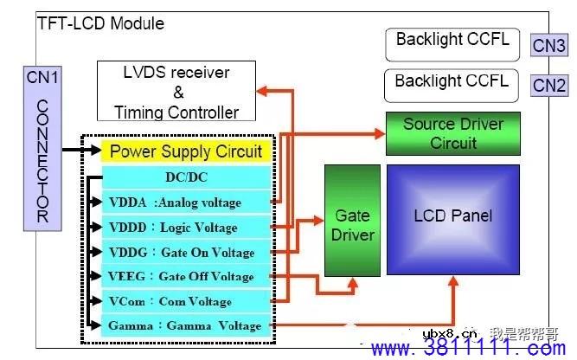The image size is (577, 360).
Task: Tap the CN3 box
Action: coord(549,45)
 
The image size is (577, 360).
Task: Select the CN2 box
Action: coord(549,85)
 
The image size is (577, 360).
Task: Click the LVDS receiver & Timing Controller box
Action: coord(176,91)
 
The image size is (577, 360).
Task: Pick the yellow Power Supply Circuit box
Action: coord(186,152)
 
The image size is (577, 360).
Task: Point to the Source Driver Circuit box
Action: coord(452,132)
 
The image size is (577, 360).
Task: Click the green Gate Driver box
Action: coord(352,225)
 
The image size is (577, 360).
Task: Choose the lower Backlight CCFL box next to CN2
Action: coord(452,84)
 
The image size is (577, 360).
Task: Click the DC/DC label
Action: coord(185,177)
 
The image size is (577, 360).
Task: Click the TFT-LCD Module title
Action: coord(100,23)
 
